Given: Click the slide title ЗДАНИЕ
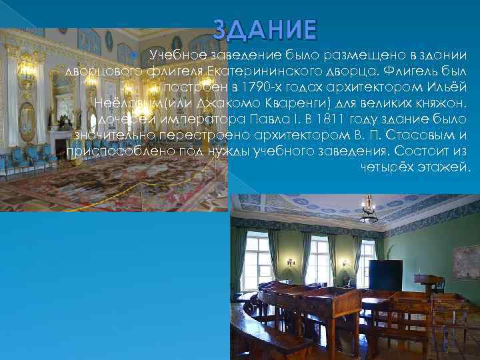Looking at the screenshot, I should pos(265,30).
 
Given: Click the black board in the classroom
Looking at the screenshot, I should pos(385,275).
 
